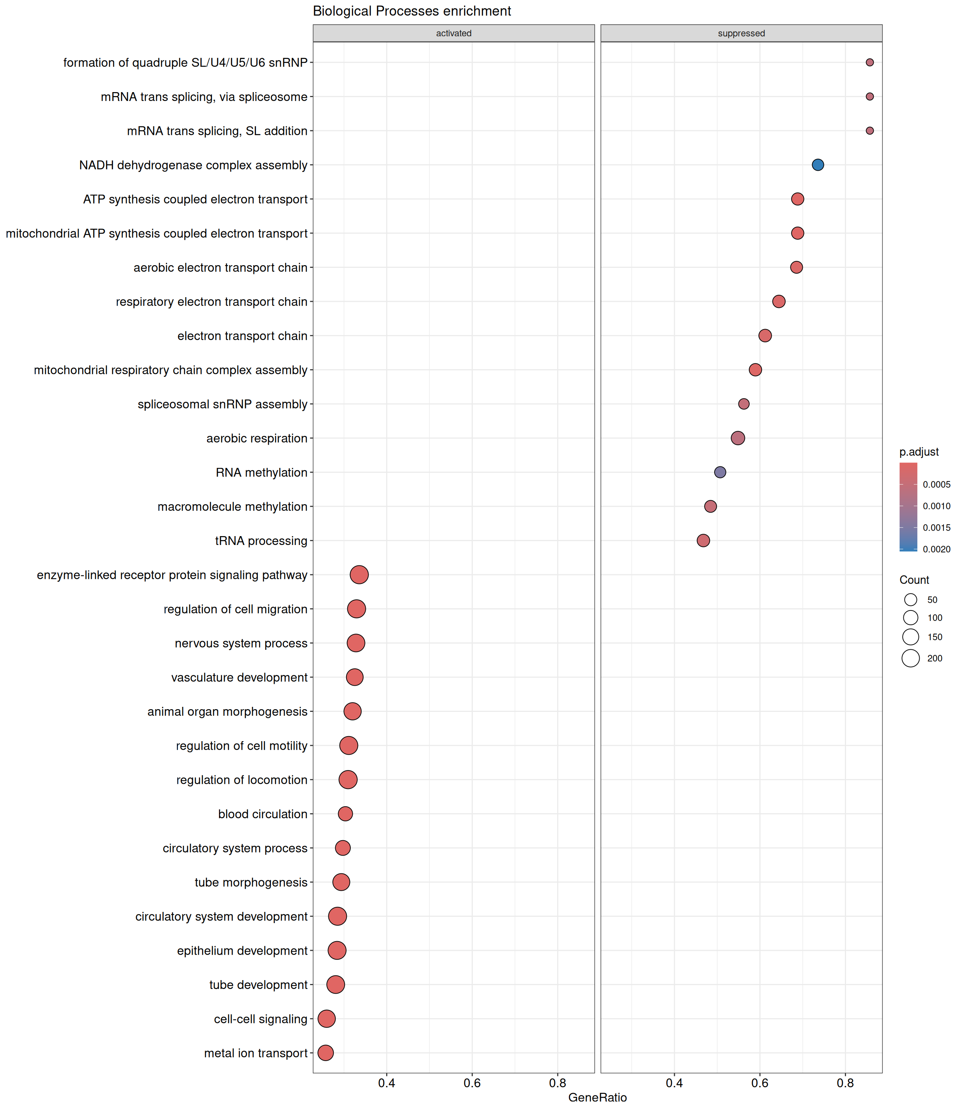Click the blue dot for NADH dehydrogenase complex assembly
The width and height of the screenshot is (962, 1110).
pos(817,165)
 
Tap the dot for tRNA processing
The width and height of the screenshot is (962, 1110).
pos(703,540)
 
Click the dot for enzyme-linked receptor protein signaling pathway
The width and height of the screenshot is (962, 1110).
pos(359,575)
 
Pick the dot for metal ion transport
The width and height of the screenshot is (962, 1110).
pos(325,1053)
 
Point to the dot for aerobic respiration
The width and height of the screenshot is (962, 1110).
pos(738,438)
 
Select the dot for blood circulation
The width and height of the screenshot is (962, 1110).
pos(345,814)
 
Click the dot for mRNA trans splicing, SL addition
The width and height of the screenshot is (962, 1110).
pos(869,130)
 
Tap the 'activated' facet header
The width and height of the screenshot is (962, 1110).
pos(454,33)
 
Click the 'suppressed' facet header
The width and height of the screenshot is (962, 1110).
pos(742,33)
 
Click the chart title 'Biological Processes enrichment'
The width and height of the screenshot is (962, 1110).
pos(412,11)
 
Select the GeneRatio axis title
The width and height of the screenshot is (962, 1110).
pos(597,1098)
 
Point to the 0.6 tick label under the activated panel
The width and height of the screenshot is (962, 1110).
pos(472,1083)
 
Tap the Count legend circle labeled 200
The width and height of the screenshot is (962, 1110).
pos(910,658)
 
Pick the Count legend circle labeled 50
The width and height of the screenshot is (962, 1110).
pos(910,600)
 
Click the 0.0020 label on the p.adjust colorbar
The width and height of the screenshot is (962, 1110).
pos(937,549)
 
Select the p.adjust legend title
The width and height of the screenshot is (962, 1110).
pos(919,452)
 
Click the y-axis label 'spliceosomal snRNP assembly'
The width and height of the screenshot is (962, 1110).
pos(222,404)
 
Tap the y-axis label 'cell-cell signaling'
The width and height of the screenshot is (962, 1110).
pos(261,1019)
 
